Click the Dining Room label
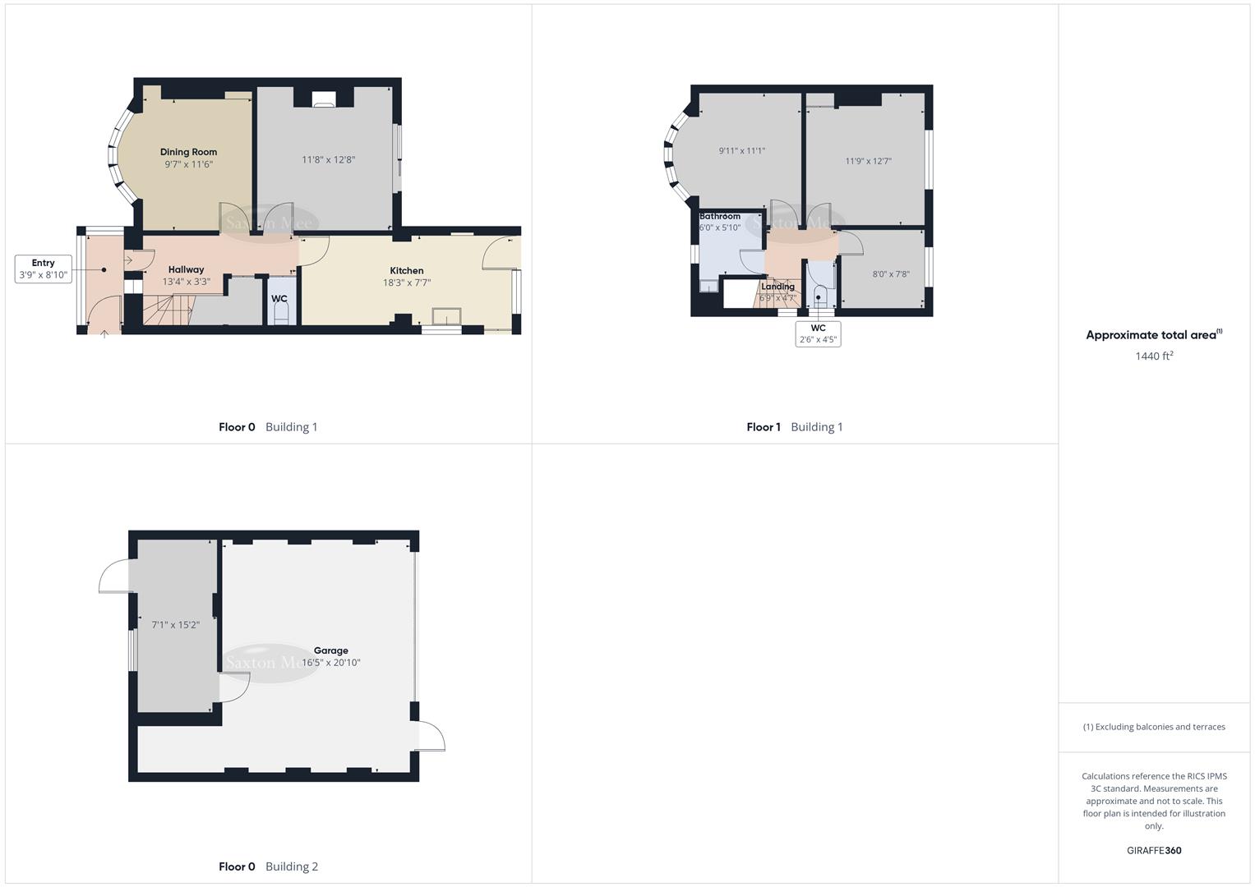[x=188, y=152]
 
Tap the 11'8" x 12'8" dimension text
[x=328, y=160]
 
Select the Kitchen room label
[x=407, y=270]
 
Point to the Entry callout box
[x=44, y=269]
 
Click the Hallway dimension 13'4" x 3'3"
[x=187, y=282]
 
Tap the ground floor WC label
[x=279, y=299]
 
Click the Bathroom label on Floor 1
[x=720, y=216]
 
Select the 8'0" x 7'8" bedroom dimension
[x=891, y=274]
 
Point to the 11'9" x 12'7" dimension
[x=868, y=161]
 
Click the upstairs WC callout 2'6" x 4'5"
[x=818, y=334]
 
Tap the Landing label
[x=777, y=287]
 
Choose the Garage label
[x=330, y=650]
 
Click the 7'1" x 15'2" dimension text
[x=176, y=625]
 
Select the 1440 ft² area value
[x=1154, y=356]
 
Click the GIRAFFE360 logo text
[x=1154, y=851]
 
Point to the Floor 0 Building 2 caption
[x=268, y=866]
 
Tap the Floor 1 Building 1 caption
[x=794, y=427]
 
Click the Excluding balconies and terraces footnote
[x=1154, y=727]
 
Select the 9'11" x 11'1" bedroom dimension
[x=742, y=151]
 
